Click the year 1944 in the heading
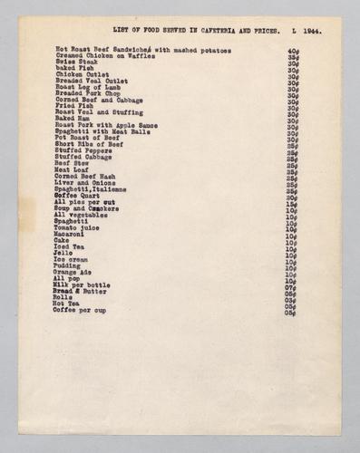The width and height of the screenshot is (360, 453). (313, 30)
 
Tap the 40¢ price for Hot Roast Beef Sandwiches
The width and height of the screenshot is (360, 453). (293, 52)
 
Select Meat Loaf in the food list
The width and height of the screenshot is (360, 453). (72, 169)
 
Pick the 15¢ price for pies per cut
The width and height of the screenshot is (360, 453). (292, 203)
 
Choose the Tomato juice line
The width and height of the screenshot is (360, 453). (79, 226)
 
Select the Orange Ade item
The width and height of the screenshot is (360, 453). (73, 271)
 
